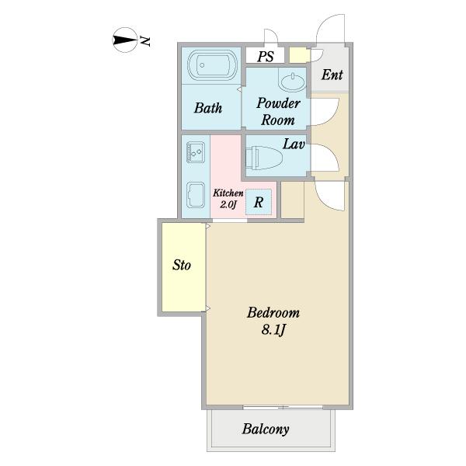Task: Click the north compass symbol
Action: point(125,40)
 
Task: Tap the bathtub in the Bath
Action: point(212,65)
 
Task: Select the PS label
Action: point(266,56)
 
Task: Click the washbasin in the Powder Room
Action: point(293,82)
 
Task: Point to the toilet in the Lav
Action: point(263,158)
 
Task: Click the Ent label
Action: point(332,75)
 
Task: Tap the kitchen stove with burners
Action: point(196,152)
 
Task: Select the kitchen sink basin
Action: point(196,195)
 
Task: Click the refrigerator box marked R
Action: point(259,202)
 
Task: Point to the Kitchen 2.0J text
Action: point(228,199)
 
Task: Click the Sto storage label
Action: point(181,265)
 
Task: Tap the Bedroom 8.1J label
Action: point(273,321)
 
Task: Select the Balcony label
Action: point(266,429)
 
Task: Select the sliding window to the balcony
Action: point(283,407)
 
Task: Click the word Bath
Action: point(208,108)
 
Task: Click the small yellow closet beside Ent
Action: point(299,55)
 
